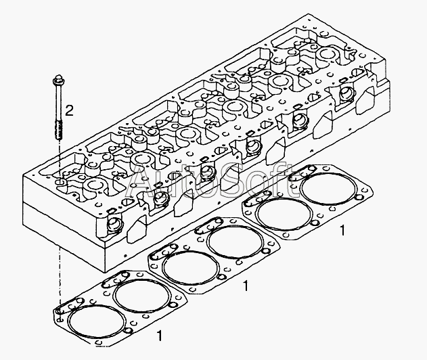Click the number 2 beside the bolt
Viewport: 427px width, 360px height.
68,110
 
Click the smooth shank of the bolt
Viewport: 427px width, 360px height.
55,102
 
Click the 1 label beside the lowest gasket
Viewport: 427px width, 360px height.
159,334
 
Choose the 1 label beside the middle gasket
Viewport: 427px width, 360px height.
246,286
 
